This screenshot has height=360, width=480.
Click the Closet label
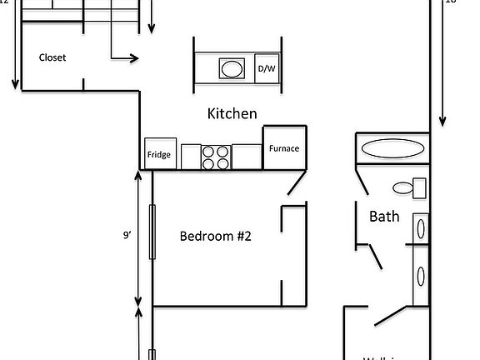click(52, 57)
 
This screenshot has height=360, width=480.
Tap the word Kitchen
click(232, 113)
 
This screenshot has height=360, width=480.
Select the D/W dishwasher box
click(267, 68)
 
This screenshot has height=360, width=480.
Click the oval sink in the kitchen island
click(232, 68)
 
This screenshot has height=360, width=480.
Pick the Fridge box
click(159, 153)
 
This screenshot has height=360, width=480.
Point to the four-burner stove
click(216, 157)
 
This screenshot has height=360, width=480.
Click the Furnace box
click(284, 148)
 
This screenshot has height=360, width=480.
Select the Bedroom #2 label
click(216, 236)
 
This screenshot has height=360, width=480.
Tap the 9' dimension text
click(127, 236)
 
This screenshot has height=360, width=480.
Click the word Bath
click(384, 216)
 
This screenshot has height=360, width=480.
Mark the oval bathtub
click(392, 149)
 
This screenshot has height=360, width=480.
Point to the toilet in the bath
click(408, 187)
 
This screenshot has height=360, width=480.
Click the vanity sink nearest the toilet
click(421, 228)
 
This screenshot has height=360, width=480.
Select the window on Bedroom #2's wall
click(152, 231)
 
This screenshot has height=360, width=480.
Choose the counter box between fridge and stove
click(191, 157)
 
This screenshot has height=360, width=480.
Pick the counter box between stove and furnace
click(247, 157)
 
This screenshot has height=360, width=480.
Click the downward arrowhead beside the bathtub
click(442, 121)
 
